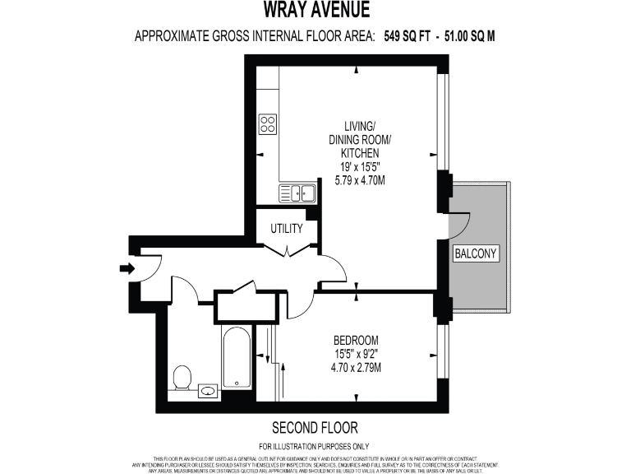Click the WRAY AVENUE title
coord(315,10)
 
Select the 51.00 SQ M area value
coord(470,35)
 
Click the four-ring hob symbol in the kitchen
coord(268,124)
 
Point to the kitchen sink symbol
coord(298,193)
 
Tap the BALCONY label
coord(477,253)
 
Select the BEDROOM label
coord(356,341)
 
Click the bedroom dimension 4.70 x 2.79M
coord(356,367)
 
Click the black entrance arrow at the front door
coord(127,268)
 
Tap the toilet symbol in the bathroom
coord(182,379)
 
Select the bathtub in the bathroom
coord(236,358)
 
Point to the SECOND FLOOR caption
coord(315,428)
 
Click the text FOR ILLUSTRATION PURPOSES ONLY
coord(315,444)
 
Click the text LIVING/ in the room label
coord(359,126)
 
